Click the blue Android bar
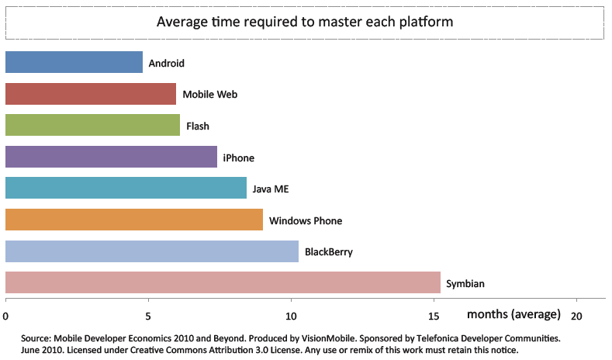[74, 62]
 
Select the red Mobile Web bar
[91, 94]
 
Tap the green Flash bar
[92, 125]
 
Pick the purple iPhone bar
[111, 157]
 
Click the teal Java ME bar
[126, 189]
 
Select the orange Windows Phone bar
[134, 220]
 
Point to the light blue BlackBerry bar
[152, 251]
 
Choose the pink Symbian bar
[223, 282]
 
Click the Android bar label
[166, 63]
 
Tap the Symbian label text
[465, 283]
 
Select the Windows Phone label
[306, 220]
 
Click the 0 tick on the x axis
[6, 316]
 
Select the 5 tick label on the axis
[148, 316]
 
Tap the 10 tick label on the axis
[291, 316]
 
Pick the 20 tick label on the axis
[576, 316]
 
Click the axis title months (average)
[513, 314]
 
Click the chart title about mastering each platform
[305, 22]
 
